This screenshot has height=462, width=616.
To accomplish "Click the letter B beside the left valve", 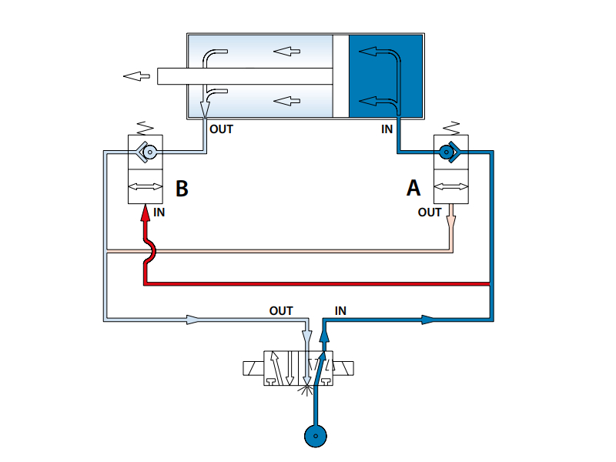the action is pyautogui.click(x=182, y=188).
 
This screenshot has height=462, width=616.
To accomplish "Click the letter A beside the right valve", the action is pyautogui.click(x=413, y=188).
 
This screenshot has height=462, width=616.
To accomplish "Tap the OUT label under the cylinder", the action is pyautogui.click(x=221, y=129).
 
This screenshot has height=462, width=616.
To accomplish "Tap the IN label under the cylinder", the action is pyautogui.click(x=387, y=129).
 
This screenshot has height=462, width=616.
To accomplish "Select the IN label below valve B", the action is pyautogui.click(x=159, y=213).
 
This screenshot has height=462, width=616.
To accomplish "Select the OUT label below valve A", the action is pyautogui.click(x=430, y=213).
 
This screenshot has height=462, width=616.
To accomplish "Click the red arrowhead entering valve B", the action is pyautogui.click(x=146, y=213).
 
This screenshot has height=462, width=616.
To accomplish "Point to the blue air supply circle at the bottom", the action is pyautogui.click(x=316, y=436).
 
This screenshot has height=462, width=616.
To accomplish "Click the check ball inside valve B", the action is pyautogui.click(x=149, y=152).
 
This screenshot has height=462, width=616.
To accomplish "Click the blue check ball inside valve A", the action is pyautogui.click(x=446, y=152).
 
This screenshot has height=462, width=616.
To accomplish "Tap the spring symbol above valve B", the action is pyautogui.click(x=145, y=128).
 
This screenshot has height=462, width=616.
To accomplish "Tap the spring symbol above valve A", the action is pyautogui.click(x=451, y=128).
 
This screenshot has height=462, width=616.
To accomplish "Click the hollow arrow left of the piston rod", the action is pyautogui.click(x=136, y=75).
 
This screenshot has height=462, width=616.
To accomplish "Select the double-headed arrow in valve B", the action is pyautogui.click(x=146, y=186).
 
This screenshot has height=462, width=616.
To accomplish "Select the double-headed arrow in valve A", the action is pyautogui.click(x=451, y=186).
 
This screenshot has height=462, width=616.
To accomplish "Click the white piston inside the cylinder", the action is pyautogui.click(x=341, y=76).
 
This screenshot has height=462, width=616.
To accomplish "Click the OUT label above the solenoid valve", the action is pyautogui.click(x=281, y=311).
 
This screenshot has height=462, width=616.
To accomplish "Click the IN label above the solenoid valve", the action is pyautogui.click(x=340, y=311).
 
